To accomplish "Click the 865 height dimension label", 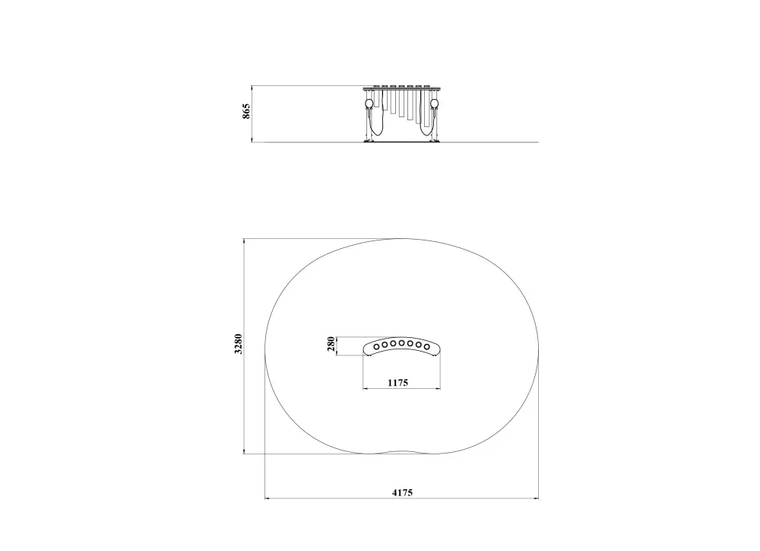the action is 246,111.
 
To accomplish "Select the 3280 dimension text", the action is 238,344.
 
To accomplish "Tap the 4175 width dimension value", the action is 402,492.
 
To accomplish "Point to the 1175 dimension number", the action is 398,383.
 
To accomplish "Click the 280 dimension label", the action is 331,345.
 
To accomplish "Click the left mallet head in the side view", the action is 369,104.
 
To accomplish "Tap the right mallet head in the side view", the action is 434,104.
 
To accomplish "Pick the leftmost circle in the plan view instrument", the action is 377,346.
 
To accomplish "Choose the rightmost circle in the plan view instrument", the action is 426,346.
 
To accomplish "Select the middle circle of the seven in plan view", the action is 402,343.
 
